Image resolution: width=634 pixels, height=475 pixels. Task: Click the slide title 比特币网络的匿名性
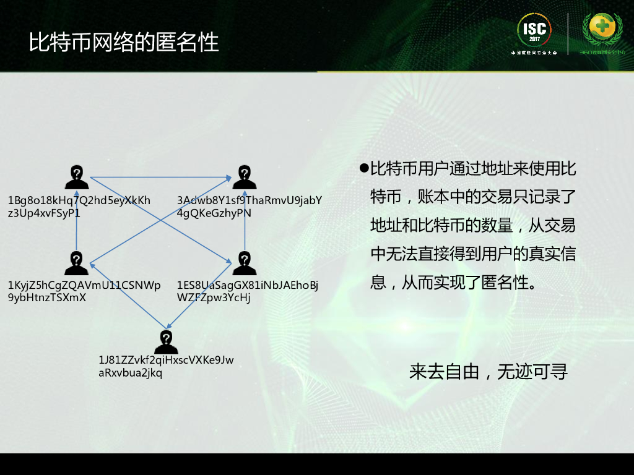click(x=124, y=42)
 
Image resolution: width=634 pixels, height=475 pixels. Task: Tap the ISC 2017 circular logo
click(x=534, y=31)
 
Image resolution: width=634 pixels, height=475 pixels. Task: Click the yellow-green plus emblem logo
click(x=602, y=29)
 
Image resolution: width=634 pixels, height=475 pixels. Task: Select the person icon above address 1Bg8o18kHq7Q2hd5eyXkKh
click(x=76, y=177)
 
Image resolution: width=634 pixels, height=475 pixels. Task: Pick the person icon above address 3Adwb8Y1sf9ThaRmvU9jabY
click(x=245, y=177)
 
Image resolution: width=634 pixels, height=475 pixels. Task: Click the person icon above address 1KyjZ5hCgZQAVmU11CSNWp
click(x=76, y=263)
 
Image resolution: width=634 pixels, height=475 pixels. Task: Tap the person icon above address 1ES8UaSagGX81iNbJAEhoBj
click(x=245, y=263)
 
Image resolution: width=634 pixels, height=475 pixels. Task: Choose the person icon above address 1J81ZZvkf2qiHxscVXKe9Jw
click(x=166, y=341)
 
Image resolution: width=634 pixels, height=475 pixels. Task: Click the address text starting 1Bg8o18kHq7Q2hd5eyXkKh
click(x=79, y=207)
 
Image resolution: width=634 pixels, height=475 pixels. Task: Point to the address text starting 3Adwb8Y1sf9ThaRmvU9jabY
click(x=250, y=207)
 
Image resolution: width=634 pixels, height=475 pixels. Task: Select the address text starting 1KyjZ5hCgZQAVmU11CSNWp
click(x=84, y=291)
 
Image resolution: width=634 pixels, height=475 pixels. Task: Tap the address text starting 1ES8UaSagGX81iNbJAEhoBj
click(x=248, y=291)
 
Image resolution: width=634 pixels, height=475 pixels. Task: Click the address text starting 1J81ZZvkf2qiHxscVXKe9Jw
click(x=166, y=367)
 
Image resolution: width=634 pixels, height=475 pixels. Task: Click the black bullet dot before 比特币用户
click(x=364, y=168)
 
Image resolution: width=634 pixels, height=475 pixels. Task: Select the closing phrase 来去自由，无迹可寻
click(x=489, y=372)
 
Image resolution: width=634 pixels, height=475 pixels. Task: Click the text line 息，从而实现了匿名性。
click(x=453, y=283)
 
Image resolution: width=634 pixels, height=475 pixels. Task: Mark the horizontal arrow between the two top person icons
click(x=160, y=178)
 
